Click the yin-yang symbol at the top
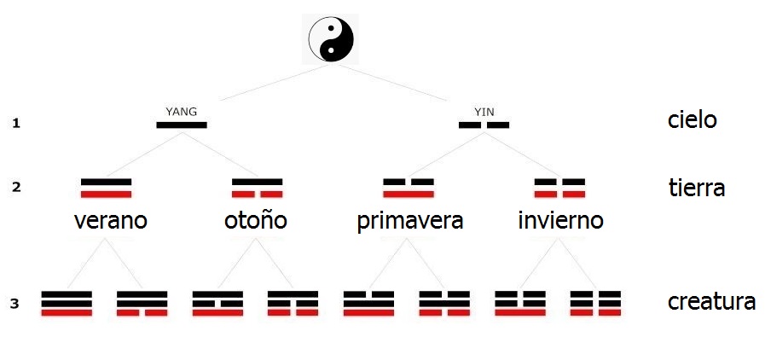pos(330,39)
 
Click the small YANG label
pos(181,111)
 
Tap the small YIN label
pos(484,111)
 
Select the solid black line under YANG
pos(182,125)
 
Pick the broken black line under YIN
pos(484,125)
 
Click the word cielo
pos(692,120)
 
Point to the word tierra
pos(697,188)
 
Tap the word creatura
pos(711,302)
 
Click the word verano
pos(111,221)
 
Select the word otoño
pos(256,221)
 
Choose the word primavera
pos(410,222)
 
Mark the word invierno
pos(560,221)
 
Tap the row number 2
pos(15,188)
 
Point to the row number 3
pos(15,303)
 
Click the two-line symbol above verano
pos(106,188)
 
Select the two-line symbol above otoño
pos(257,188)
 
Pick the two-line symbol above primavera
pos(409,188)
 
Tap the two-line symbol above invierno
pos(559,188)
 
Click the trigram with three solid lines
pos(67,303)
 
